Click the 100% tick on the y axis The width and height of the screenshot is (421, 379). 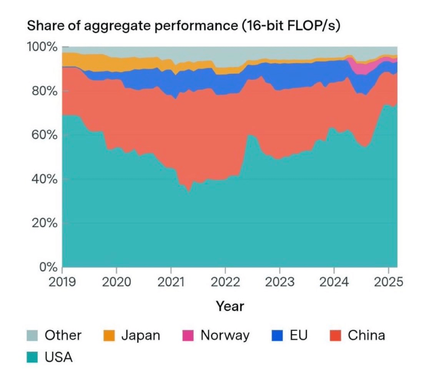point(42,47)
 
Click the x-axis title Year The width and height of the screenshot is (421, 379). point(230,306)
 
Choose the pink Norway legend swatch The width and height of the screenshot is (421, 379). point(188,336)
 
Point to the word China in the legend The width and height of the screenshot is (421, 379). point(366,336)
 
